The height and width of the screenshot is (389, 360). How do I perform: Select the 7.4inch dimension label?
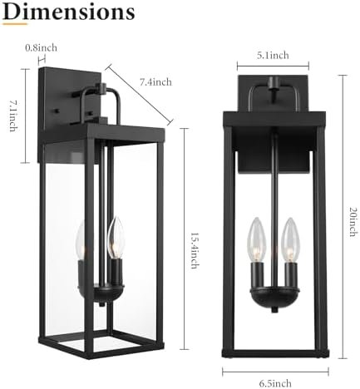point(155,81)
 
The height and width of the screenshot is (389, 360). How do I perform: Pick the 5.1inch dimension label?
point(274,56)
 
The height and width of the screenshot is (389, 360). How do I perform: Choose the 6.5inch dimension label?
point(274,382)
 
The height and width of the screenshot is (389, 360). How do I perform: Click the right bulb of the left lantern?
point(116,237)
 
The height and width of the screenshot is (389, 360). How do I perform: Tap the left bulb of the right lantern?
point(258,234)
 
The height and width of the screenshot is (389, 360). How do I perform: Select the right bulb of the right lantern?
point(289,234)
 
